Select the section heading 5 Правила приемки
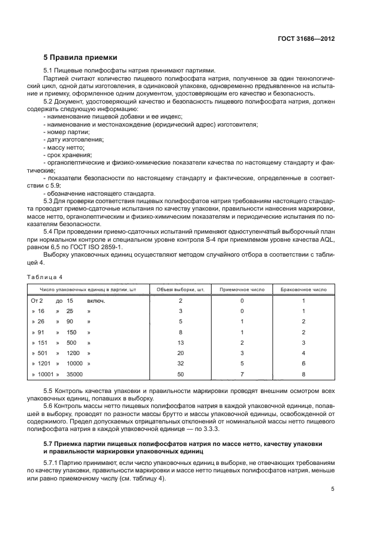click(x=80, y=58)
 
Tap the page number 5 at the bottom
click(x=333, y=489)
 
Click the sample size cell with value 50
click(x=180, y=374)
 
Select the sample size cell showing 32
click(x=180, y=364)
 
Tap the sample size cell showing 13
click(x=180, y=342)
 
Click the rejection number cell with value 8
click(x=303, y=374)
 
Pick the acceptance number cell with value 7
click(x=242, y=374)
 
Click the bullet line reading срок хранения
click(x=67, y=155)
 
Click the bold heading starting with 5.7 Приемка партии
click(x=182, y=444)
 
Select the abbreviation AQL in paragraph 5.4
click(x=327, y=239)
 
